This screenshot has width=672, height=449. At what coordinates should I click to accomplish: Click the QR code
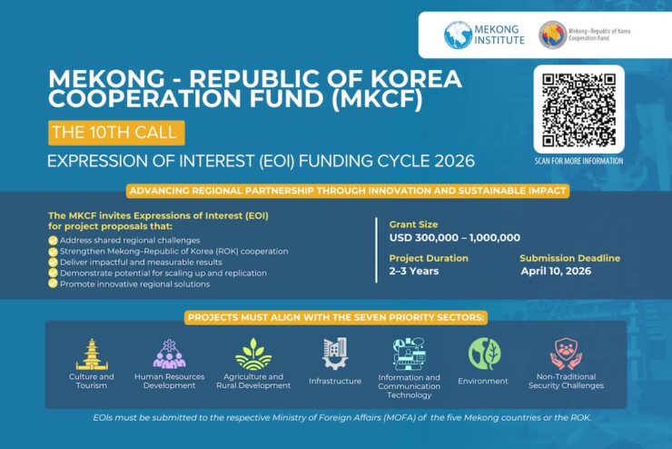coord(578,109)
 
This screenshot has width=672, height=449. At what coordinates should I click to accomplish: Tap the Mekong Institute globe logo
coord(458,35)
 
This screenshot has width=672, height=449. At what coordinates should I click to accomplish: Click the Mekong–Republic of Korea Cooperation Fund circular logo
coord(552,35)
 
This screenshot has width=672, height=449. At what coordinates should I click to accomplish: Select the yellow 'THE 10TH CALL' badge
coord(116,133)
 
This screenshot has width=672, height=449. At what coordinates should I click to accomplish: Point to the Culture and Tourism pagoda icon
coord(92,354)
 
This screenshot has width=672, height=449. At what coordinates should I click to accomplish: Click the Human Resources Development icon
coord(169,354)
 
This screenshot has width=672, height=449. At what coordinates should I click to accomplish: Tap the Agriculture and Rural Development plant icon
coord(253,354)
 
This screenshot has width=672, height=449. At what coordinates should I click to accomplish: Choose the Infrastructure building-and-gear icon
coord(335,354)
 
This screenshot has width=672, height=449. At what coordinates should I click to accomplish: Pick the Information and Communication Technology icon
coord(410,354)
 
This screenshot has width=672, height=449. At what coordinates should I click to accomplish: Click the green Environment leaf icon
coord(484,354)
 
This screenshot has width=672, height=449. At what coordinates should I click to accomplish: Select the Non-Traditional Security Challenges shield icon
coord(566,354)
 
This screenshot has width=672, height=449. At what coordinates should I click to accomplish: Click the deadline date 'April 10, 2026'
coord(556,271)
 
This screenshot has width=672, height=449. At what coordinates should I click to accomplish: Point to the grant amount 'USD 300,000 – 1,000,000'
coord(455,237)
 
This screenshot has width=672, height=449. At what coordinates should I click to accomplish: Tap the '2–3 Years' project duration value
coord(414,271)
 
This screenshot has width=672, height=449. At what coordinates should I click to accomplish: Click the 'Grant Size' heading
coord(413,224)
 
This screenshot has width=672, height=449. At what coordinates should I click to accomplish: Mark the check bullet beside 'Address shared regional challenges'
coord(54,241)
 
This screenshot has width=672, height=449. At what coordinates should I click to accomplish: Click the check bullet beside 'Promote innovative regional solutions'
coord(54,284)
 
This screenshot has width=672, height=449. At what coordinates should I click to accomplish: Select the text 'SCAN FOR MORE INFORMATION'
coord(578,161)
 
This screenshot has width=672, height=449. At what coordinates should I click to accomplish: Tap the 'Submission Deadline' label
coord(570,258)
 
